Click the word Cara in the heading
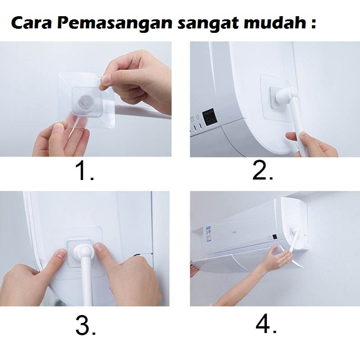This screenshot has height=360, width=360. pyautogui.click(x=31, y=23)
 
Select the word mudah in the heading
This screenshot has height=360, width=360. pyautogui.click(x=275, y=23)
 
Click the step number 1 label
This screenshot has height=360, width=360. pyautogui.click(x=84, y=171)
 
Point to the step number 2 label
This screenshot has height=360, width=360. pyautogui.click(x=263, y=171)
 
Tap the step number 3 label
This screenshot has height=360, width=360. pyautogui.click(x=85, y=325)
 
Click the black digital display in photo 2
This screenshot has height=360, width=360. pyautogui.click(x=210, y=117)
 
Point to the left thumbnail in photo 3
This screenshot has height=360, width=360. pyautogui.click(x=61, y=253)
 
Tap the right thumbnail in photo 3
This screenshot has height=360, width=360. pyautogui.click(x=99, y=247)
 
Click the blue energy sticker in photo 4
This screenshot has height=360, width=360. pyautogui.click(x=208, y=234)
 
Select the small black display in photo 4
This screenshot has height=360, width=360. pyautogui.click(x=274, y=237)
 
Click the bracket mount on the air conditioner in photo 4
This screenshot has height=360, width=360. pyautogui.click(x=294, y=230)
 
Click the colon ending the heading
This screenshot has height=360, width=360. pyautogui.click(x=314, y=23)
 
